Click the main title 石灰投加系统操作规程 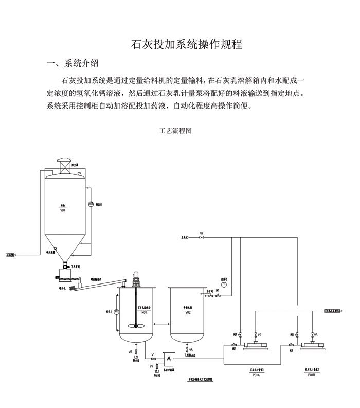(x=187, y=44)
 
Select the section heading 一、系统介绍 (x=73, y=64)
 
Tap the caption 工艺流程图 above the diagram (x=175, y=131)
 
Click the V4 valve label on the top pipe (x=202, y=234)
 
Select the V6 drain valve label (x=131, y=351)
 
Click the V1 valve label (x=153, y=354)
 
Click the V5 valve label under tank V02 (x=191, y=350)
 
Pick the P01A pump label (x=256, y=375)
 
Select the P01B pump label (x=311, y=375)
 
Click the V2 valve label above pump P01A (x=260, y=335)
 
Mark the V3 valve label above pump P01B (x=316, y=335)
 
